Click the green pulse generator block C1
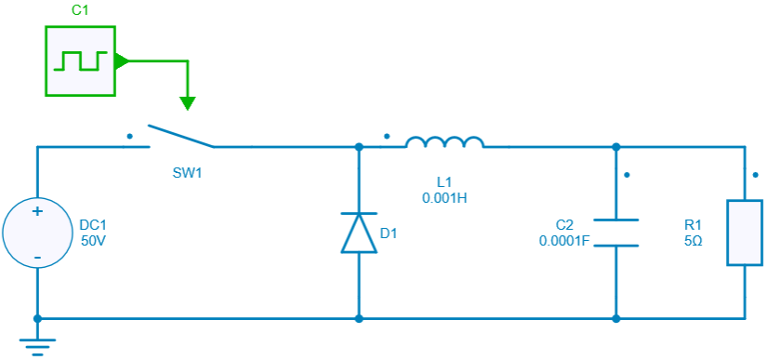coord(80,60)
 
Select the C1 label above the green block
coord(80,11)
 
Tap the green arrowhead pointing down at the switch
coord(188,101)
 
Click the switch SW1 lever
coord(180,136)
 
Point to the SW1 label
coord(188,174)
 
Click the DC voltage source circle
coord(38,233)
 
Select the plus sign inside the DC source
coord(38,212)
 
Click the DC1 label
coord(94,225)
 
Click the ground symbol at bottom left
coord(38,345)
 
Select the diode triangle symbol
coord(359,233)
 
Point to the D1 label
coord(389,233)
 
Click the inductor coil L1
coord(444,142)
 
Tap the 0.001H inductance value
coord(444,197)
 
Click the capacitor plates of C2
coord(615,233)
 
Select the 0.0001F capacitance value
coord(564,240)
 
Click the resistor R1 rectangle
coord(745,233)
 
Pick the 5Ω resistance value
coord(693,240)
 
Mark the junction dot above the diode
coord(359,147)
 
